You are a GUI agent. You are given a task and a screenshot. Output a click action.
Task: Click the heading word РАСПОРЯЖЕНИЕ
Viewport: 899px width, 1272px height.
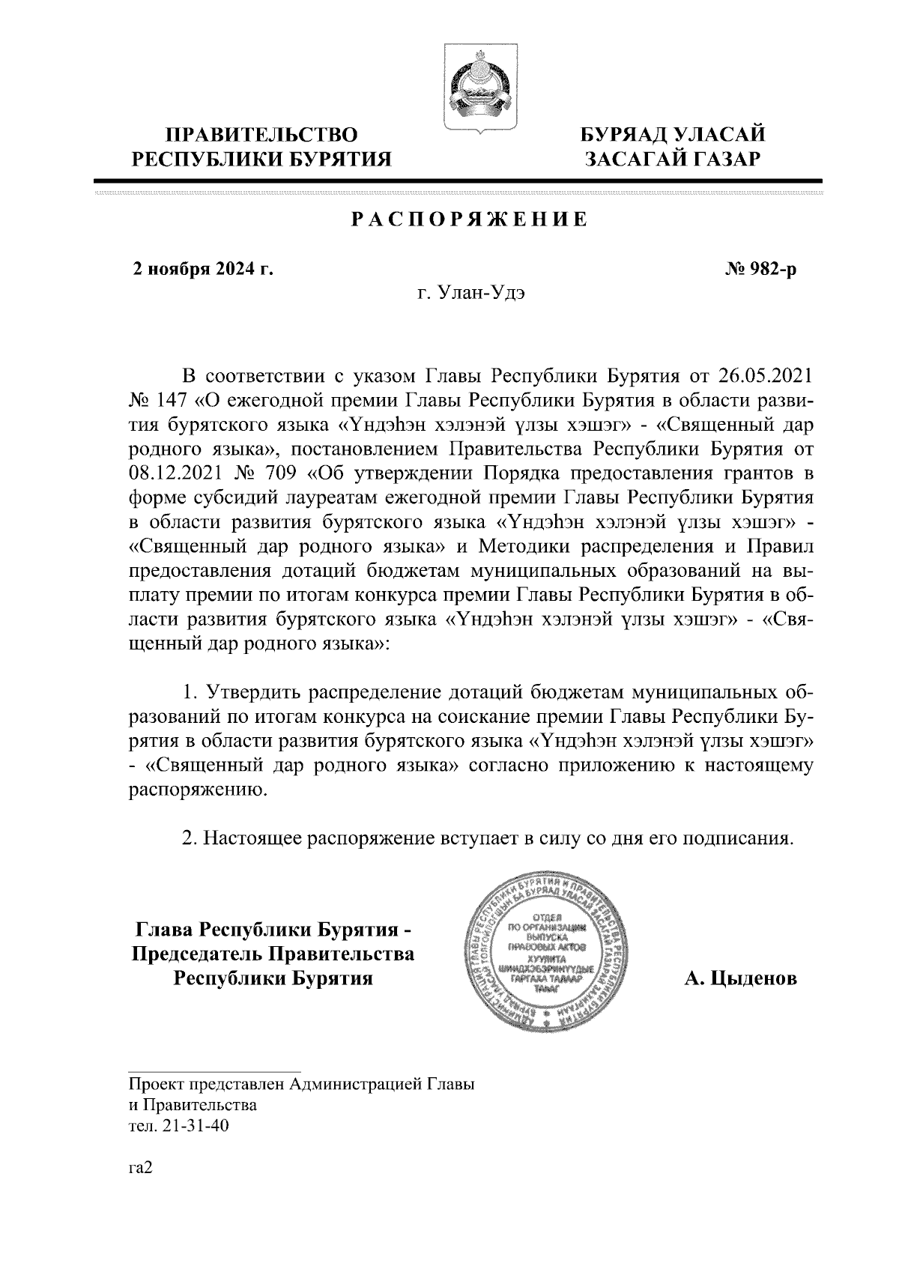469,219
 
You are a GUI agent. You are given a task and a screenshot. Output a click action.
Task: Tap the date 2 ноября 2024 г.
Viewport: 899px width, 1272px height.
202,268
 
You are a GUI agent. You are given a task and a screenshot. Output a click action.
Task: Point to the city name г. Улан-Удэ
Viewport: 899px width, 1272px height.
470,294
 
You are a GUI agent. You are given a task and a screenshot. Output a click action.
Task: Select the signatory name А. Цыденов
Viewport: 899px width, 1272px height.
741,978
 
